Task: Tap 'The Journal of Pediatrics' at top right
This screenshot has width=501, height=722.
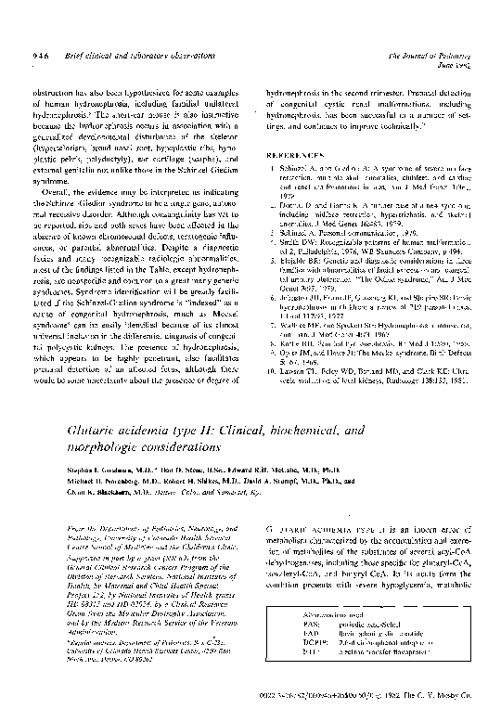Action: [432, 55]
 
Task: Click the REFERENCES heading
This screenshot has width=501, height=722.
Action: [292, 155]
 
